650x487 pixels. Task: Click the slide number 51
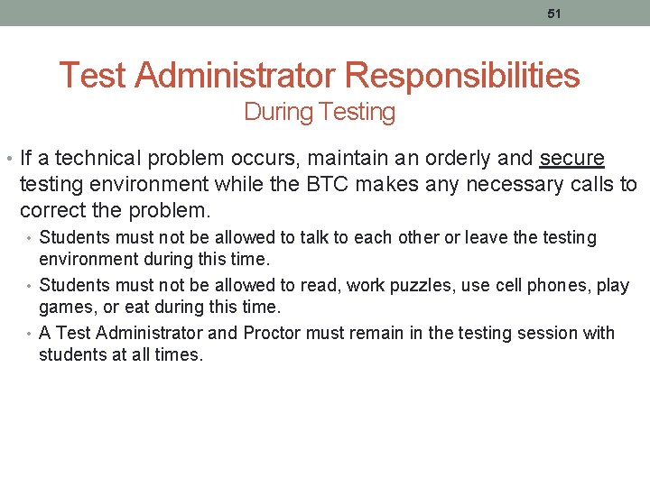554,14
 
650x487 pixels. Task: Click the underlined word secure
572,159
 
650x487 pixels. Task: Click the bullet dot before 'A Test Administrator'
30,334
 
